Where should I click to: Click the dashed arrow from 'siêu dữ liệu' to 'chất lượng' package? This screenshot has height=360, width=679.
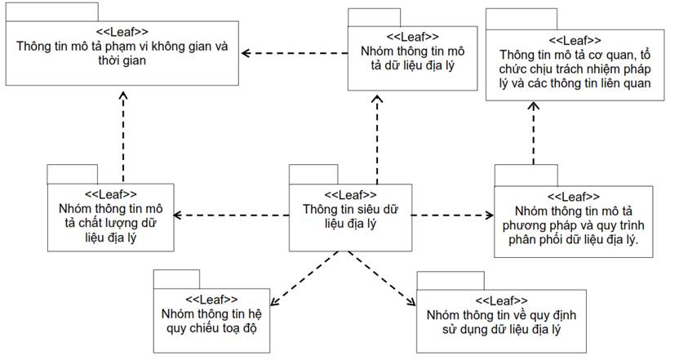pyautogui.click(x=231, y=216)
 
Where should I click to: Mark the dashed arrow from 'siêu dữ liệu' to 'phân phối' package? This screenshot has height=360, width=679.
pyautogui.click(x=453, y=216)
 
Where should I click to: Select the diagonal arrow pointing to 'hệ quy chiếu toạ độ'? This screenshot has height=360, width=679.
pyautogui.click(x=304, y=278)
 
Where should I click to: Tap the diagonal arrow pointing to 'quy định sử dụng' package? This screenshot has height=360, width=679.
pyautogui.click(x=382, y=278)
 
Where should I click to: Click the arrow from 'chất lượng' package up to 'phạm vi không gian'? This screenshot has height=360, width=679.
pyautogui.click(x=123, y=137)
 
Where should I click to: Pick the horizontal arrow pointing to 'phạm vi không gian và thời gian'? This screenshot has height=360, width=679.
pyautogui.click(x=295, y=53)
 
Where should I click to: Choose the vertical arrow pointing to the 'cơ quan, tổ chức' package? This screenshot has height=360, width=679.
pyautogui.click(x=534, y=133)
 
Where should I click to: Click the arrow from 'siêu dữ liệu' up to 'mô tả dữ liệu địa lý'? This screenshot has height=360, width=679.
pyautogui.click(x=377, y=140)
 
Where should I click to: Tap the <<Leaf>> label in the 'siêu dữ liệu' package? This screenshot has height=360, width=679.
pyautogui.click(x=350, y=195)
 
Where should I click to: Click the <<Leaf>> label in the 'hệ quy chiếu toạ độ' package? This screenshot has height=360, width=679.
pyautogui.click(x=211, y=300)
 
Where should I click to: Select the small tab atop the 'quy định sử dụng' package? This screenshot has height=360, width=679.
pyautogui.click(x=450, y=281)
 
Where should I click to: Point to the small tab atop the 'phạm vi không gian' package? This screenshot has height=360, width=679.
pyautogui.click(x=52, y=12)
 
